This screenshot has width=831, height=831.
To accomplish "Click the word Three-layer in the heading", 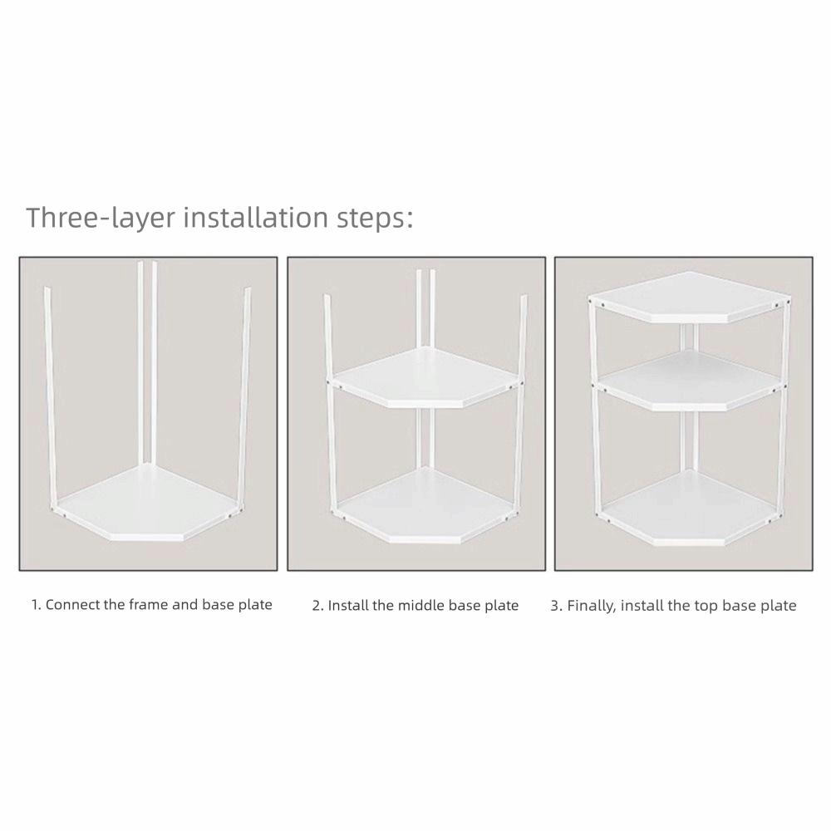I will point(100,218).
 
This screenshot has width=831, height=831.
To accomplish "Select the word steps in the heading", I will point(372,218).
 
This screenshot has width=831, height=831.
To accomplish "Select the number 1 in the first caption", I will point(35,605).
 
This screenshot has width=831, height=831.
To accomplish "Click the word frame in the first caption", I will point(149,605).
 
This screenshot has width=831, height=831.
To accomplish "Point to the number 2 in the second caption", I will point(317,606).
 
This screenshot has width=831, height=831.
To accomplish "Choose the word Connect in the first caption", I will point(71,605).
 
